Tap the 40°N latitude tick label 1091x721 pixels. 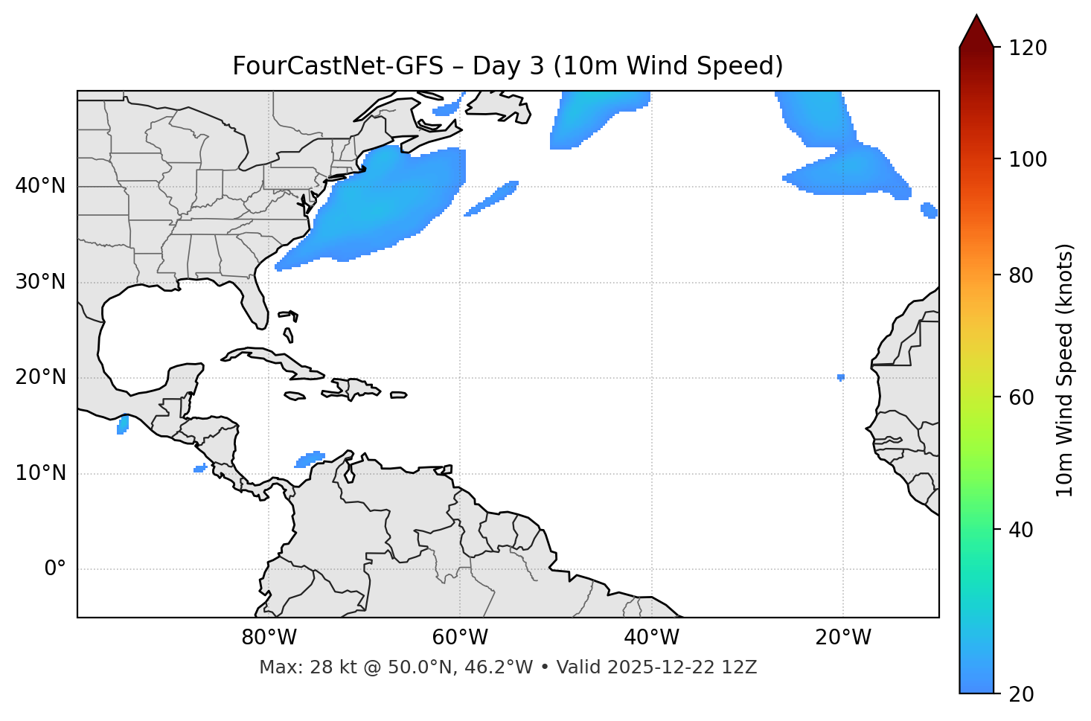pyautogui.click(x=40, y=186)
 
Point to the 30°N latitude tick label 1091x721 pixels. pyautogui.click(x=40, y=282)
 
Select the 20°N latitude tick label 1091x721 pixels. pyautogui.click(x=40, y=377)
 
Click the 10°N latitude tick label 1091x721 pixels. pyautogui.click(x=40, y=473)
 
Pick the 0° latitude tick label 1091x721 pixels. pyautogui.click(x=54, y=569)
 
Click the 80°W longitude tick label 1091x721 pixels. pyautogui.click(x=269, y=638)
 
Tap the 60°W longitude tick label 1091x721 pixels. pyautogui.click(x=460, y=638)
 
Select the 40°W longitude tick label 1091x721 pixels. pyautogui.click(x=651, y=638)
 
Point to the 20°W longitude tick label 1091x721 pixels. pyautogui.click(x=842, y=638)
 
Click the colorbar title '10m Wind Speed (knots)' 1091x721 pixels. pyautogui.click(x=1065, y=370)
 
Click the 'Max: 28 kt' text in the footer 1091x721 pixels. pyautogui.click(x=293, y=667)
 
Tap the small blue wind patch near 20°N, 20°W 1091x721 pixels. pyautogui.click(x=840, y=377)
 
